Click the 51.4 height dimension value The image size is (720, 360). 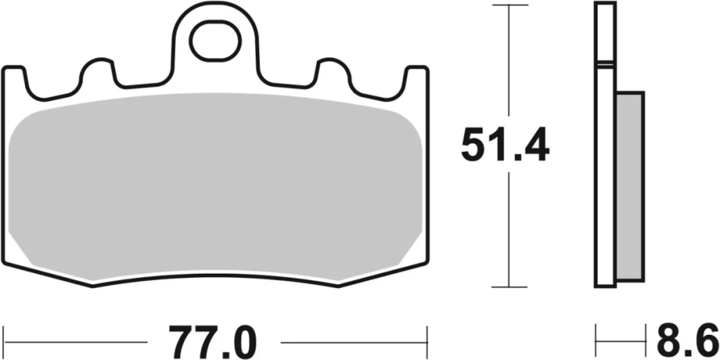[x=505, y=145]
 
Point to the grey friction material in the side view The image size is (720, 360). [x=630, y=187]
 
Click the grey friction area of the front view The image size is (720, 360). [x=215, y=187]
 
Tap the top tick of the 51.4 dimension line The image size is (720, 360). [x=509, y=5]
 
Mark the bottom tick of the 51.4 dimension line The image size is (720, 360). [x=509, y=287]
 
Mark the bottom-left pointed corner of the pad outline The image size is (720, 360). [x=93, y=286]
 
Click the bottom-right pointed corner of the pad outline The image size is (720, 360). [x=338, y=286]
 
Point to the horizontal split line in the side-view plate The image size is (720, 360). [x=605, y=64]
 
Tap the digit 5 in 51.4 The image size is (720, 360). [x=475, y=145]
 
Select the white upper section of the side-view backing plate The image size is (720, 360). [x=605, y=32]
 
